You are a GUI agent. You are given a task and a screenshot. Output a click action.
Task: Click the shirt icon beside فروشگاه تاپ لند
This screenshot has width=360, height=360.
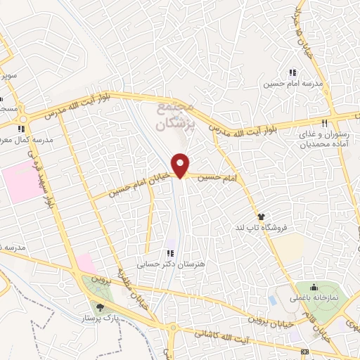click(x=261, y=217)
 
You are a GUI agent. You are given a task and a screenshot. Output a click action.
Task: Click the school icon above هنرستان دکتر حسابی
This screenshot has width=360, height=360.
click(x=169, y=253)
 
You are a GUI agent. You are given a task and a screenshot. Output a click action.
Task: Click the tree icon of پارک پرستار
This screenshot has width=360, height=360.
click(x=99, y=307)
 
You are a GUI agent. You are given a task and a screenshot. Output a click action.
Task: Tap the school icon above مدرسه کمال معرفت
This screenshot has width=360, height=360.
click(x=22, y=129)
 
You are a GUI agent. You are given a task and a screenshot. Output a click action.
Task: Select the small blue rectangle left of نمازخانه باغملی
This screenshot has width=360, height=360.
click(x=272, y=300)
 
